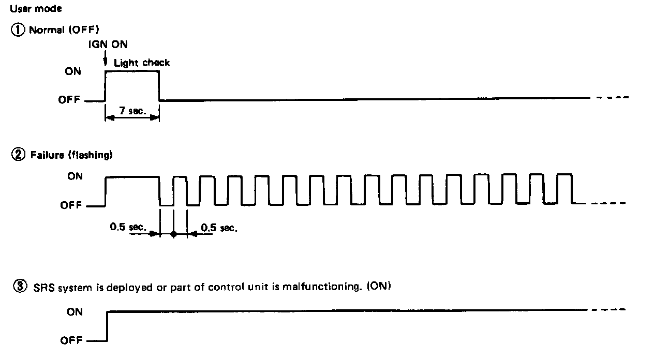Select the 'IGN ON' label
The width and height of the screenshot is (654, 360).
click(108, 45)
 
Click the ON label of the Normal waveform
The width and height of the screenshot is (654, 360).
click(73, 72)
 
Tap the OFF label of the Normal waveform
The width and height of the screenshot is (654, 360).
click(70, 100)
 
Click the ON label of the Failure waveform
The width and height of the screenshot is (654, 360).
click(75, 176)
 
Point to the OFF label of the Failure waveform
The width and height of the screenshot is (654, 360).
click(71, 205)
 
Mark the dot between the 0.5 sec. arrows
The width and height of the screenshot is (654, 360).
click(174, 234)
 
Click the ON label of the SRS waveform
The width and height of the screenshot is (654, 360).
click(75, 312)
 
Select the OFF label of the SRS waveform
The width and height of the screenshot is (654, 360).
click(71, 341)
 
